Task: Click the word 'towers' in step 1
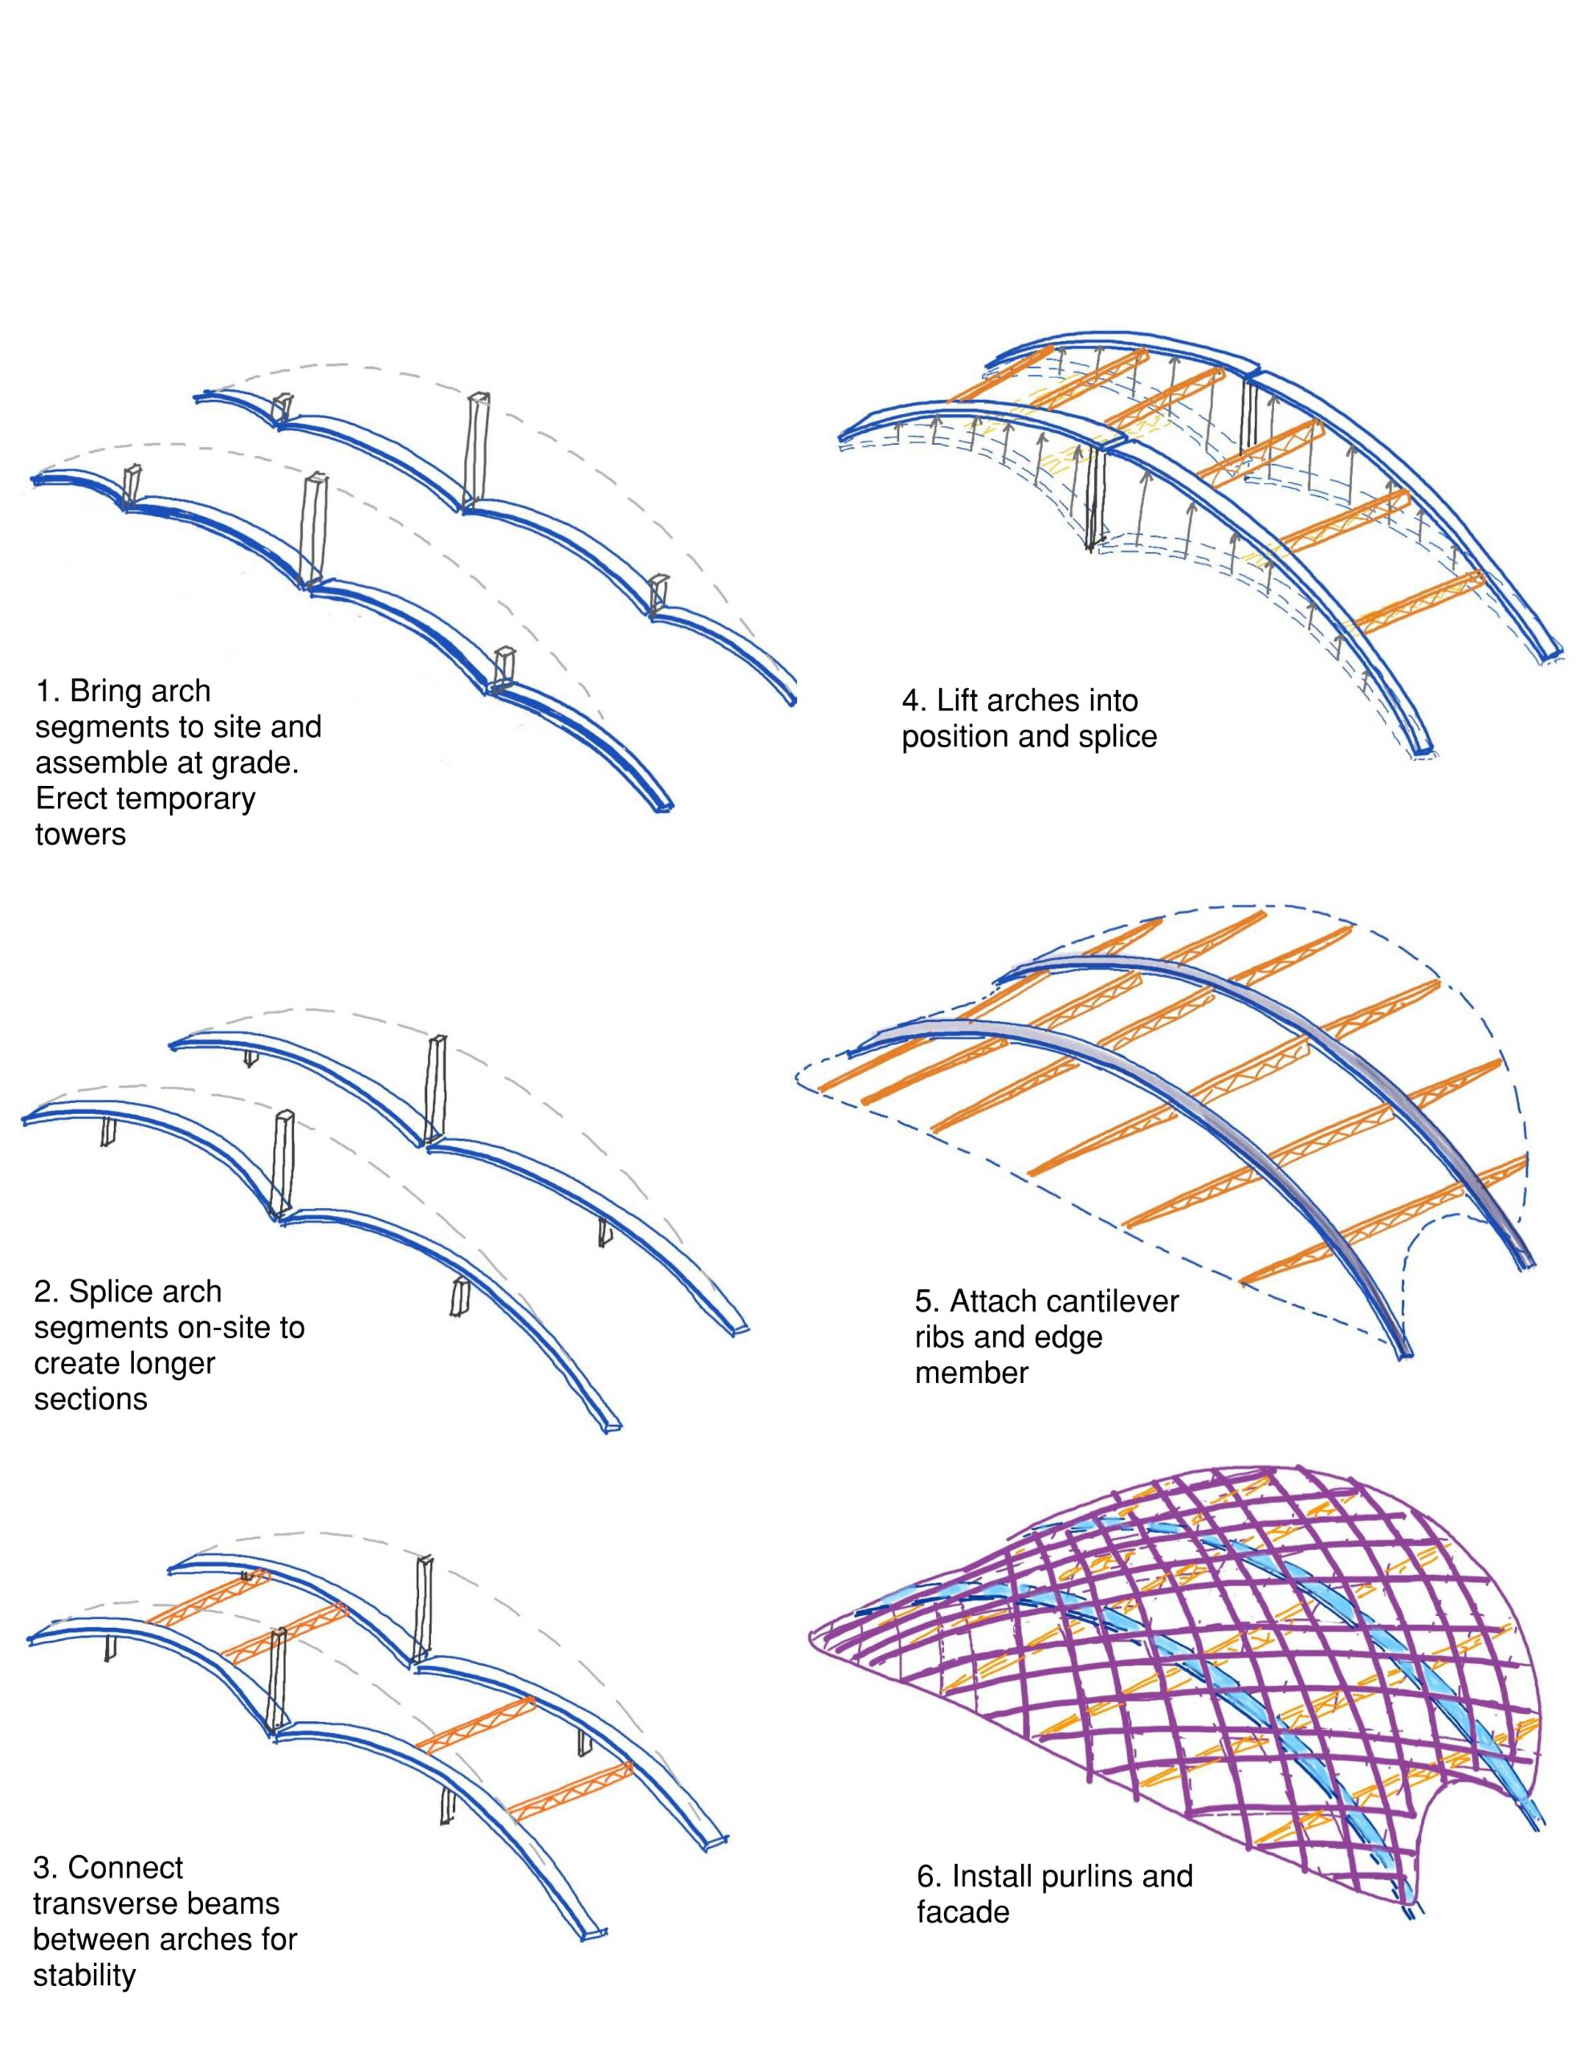tap(80, 835)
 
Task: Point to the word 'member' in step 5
tap(971, 1373)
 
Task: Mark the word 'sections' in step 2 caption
tap(91, 1399)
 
